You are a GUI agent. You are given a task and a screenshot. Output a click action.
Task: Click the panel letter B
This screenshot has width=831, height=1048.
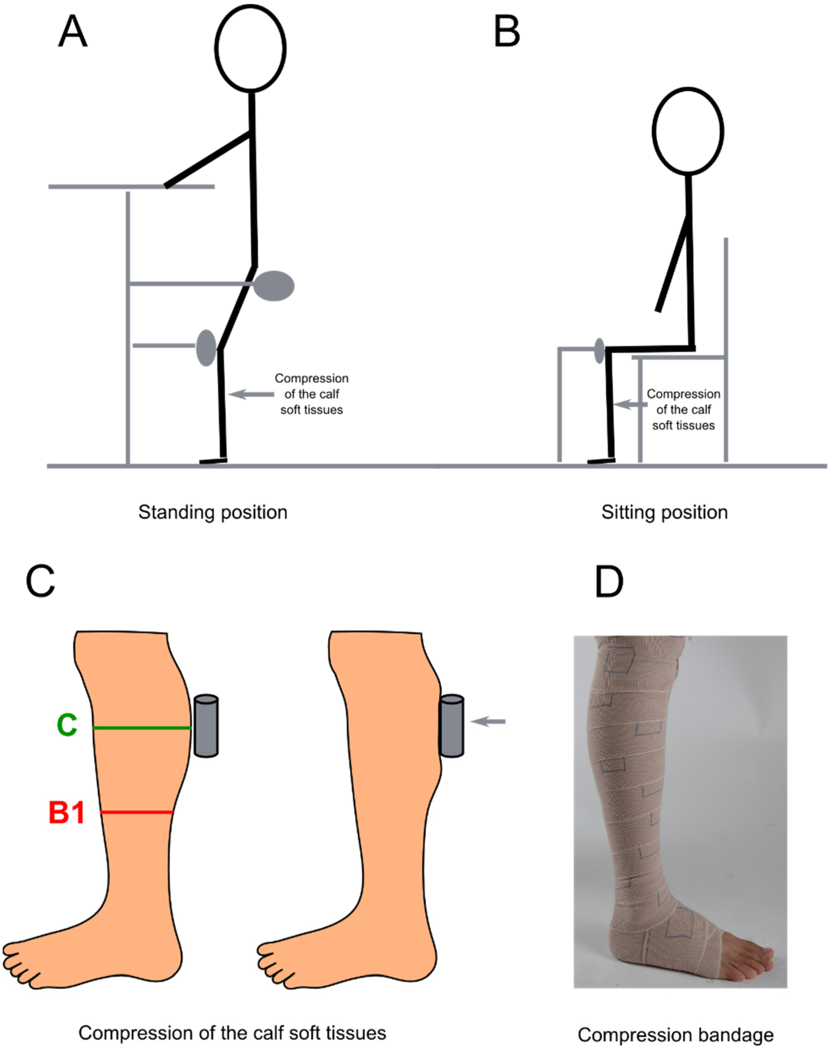pyautogui.click(x=506, y=32)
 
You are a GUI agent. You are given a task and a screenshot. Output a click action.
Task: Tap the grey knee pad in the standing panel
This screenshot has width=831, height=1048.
pyautogui.click(x=206, y=348)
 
